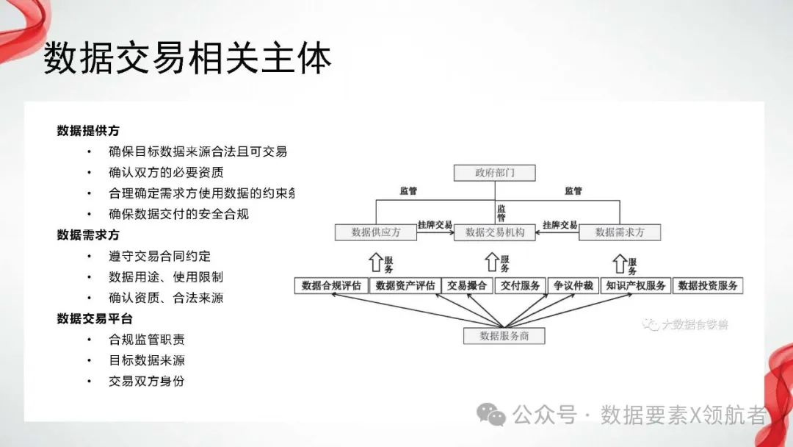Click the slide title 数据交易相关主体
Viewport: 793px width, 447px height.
click(187, 59)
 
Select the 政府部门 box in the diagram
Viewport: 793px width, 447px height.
click(495, 174)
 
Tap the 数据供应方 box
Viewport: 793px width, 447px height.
click(376, 232)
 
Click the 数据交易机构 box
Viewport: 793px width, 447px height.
click(495, 232)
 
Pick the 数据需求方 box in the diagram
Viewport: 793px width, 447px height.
click(620, 232)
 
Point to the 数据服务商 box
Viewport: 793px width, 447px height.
click(504, 335)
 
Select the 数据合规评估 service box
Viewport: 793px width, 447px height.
click(331, 285)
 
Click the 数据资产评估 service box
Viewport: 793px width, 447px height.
click(405, 285)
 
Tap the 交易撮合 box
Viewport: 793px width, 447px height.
click(467, 285)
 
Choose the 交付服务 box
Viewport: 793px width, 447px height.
click(521, 285)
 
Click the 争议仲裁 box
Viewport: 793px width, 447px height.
click(573, 285)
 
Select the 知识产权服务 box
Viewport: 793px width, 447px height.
click(635, 285)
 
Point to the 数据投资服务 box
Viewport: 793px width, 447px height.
click(707, 285)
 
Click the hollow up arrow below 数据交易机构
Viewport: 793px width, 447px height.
click(492, 261)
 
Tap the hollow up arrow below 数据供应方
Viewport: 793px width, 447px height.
click(374, 261)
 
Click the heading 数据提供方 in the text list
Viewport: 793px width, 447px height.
click(88, 131)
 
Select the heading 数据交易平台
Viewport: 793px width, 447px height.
click(95, 318)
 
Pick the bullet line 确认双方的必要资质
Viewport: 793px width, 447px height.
click(166, 173)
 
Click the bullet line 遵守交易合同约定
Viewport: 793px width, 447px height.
click(159, 256)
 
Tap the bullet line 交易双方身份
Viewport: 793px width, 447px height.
click(146, 381)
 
